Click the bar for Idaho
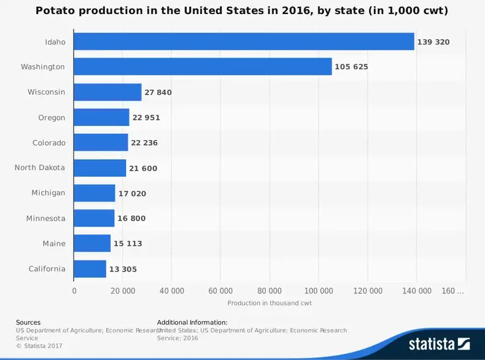(x=244, y=42)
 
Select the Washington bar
(x=203, y=66)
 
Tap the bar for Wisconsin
(x=107, y=92)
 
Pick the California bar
(x=90, y=268)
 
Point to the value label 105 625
(x=352, y=67)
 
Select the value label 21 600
(x=145, y=168)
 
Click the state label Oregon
(x=52, y=117)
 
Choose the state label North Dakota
(x=39, y=168)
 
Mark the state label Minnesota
(x=45, y=218)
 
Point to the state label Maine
(x=54, y=243)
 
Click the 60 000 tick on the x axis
(x=220, y=291)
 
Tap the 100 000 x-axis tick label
(x=319, y=291)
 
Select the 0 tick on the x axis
(x=74, y=291)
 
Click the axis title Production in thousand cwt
(x=270, y=303)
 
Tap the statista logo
(x=439, y=343)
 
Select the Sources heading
(x=28, y=322)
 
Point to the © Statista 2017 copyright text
(x=39, y=346)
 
